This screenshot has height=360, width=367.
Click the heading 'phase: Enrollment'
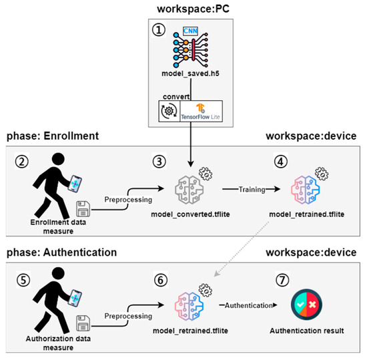click(53, 136)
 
